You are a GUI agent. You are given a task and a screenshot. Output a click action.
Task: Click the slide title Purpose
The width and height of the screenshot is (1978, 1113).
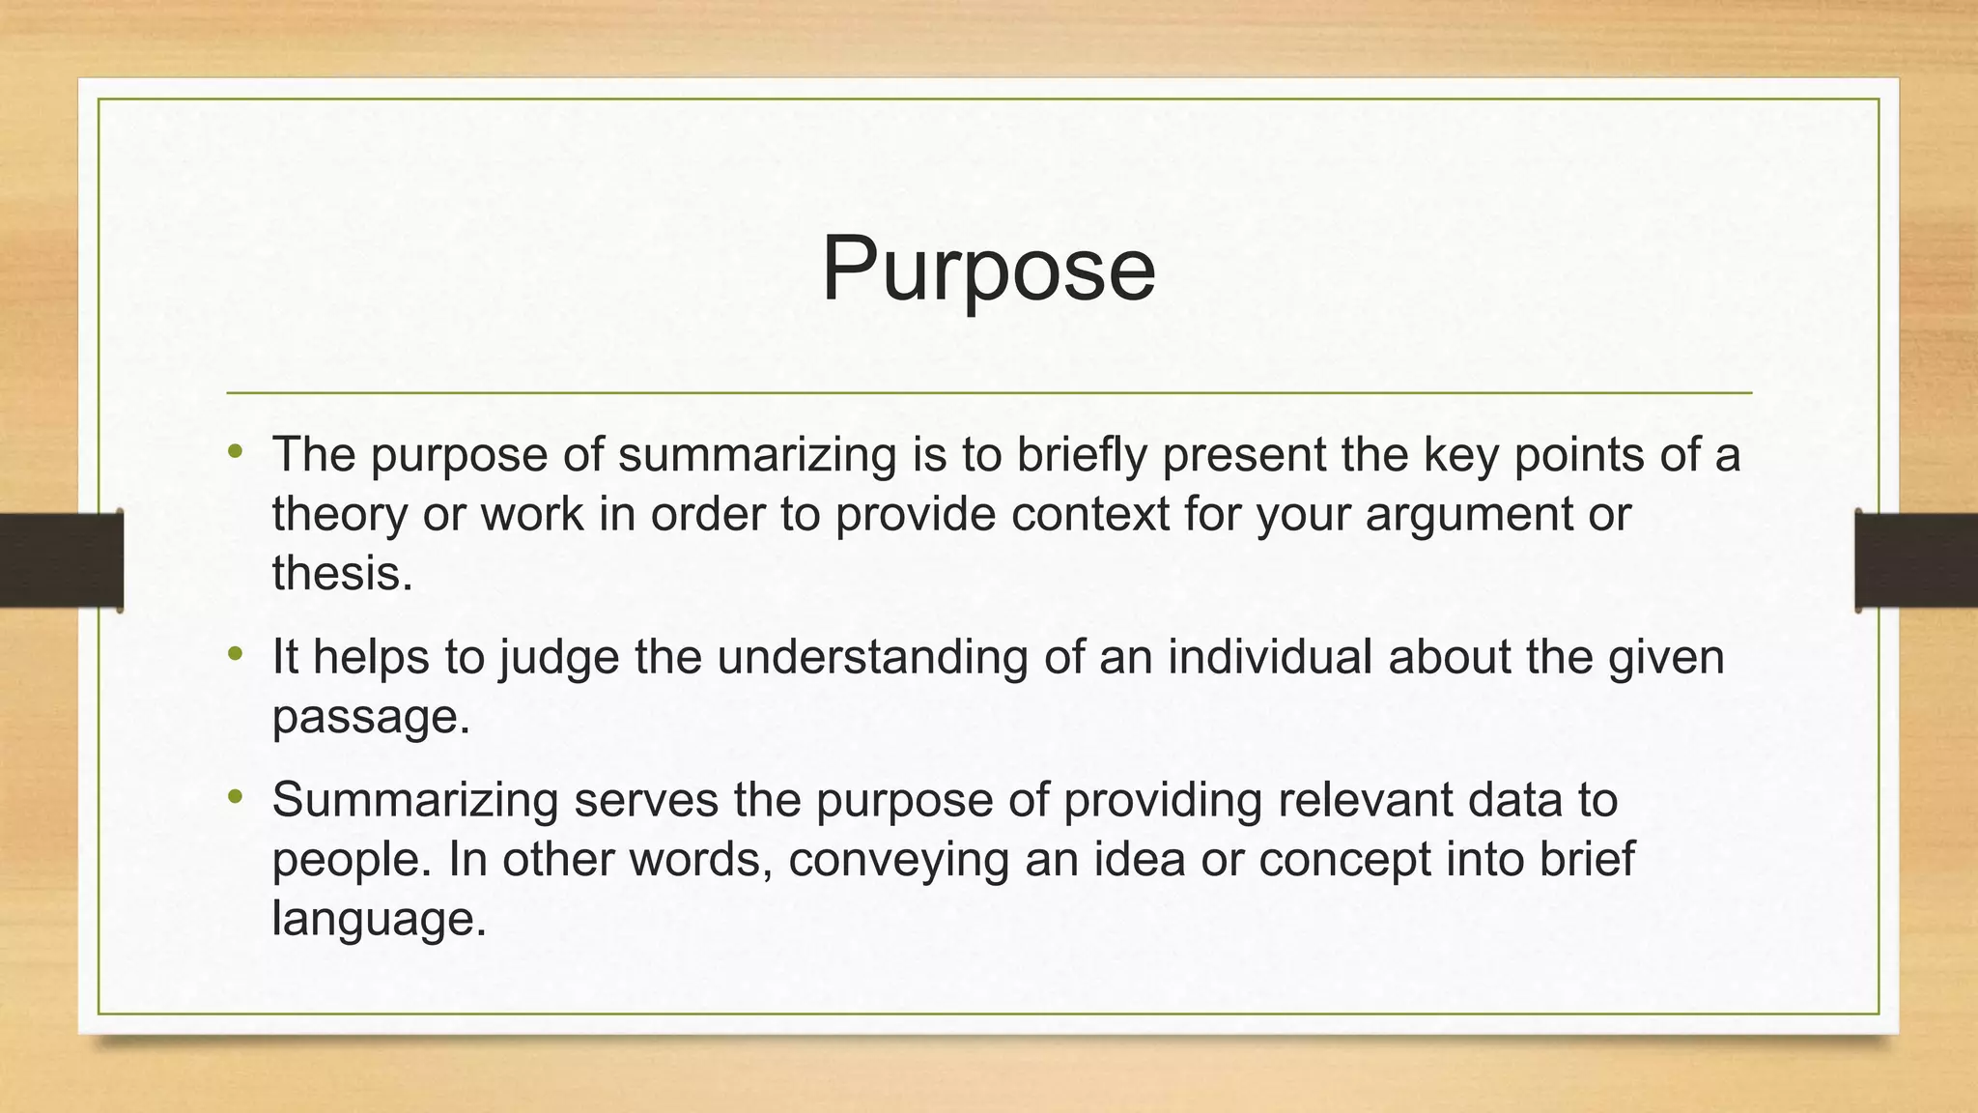988,270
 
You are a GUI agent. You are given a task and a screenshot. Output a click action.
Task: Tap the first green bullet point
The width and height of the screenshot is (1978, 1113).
236,451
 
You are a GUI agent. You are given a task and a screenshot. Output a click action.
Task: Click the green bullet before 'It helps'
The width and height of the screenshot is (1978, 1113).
236,654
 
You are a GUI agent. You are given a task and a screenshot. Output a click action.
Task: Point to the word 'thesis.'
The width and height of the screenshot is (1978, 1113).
343,573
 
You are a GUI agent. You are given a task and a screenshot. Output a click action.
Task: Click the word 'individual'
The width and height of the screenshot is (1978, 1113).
1269,658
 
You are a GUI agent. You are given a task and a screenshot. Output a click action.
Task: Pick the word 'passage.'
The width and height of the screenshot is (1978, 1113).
371,717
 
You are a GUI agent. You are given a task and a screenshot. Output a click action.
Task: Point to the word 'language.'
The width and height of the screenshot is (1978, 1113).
379,918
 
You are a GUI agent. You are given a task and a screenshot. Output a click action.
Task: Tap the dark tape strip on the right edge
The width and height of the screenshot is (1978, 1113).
1915,559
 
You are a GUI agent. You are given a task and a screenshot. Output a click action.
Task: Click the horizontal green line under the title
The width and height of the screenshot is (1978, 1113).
988,393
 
